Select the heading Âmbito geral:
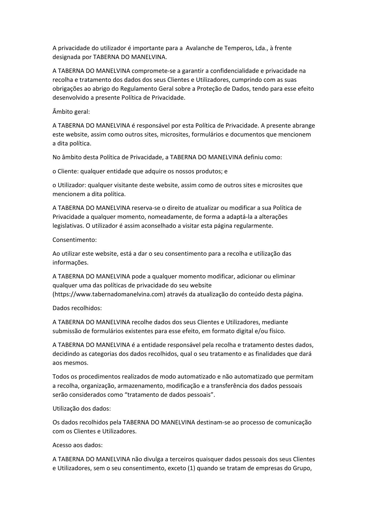(71, 112)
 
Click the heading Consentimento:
(75, 240)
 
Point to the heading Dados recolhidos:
(77, 308)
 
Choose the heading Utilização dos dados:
(82, 408)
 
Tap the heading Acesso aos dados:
(78, 445)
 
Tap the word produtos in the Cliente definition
(209, 171)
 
